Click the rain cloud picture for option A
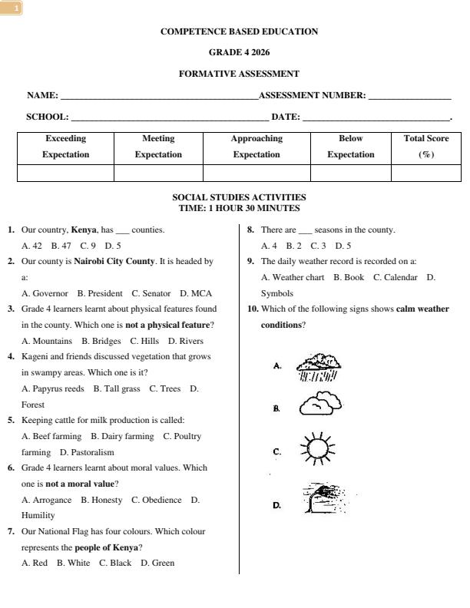(x=316, y=368)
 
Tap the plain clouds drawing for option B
(x=320, y=404)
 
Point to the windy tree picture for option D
(x=324, y=499)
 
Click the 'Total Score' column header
(x=426, y=146)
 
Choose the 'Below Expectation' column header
(x=350, y=146)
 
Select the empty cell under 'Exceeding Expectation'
(x=65, y=173)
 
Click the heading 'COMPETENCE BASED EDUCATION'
(x=239, y=31)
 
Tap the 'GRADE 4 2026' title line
(x=239, y=53)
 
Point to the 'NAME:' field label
(x=42, y=95)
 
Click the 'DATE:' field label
(x=286, y=117)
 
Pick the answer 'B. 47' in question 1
(x=61, y=246)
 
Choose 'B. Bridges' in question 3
(x=101, y=341)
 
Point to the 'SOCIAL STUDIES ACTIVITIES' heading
(x=239, y=197)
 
